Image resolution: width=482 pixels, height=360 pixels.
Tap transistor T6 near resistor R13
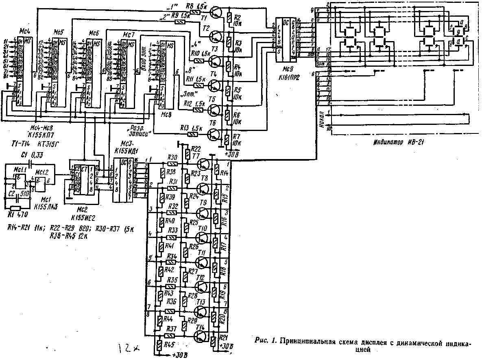(x=214, y=134)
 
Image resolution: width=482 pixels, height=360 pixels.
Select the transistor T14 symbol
(x=202, y=336)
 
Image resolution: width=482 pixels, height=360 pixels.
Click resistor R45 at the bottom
(x=159, y=345)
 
